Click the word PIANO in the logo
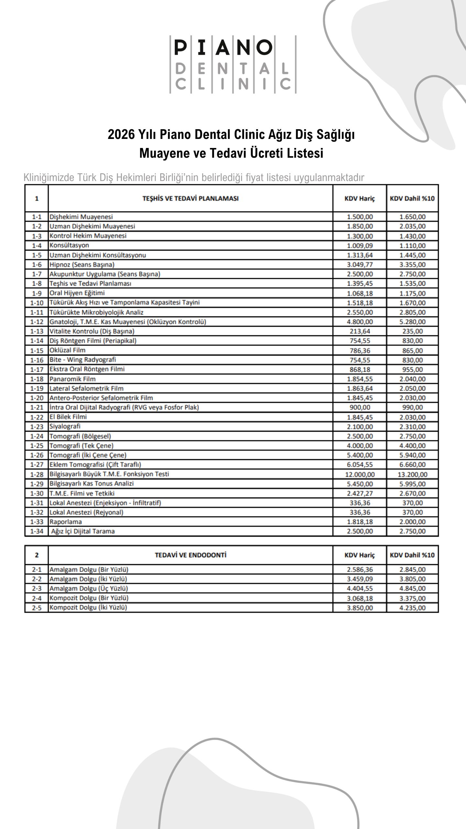[223, 48]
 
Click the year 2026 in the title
[121, 135]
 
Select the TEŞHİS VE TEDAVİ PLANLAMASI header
[190, 198]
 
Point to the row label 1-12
[37, 322]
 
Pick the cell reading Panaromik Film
[72, 379]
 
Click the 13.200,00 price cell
[412, 474]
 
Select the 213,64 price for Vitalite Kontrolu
[360, 331]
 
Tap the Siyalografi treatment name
[65, 426]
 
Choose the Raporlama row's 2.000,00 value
[412, 522]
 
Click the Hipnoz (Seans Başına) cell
[82, 265]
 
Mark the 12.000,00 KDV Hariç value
[360, 474]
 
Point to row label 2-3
[37, 589]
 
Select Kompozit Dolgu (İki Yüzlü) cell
[88, 608]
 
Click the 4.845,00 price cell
[412, 589]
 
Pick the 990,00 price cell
[412, 407]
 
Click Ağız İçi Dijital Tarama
[83, 531]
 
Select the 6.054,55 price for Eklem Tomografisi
[360, 465]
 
